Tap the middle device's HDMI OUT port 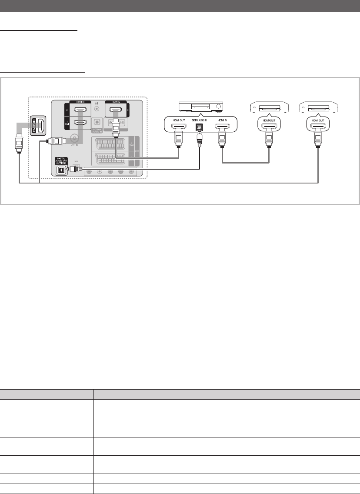click(269, 128)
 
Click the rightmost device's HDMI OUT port click(318, 128)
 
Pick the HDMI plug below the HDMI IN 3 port click(116, 129)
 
